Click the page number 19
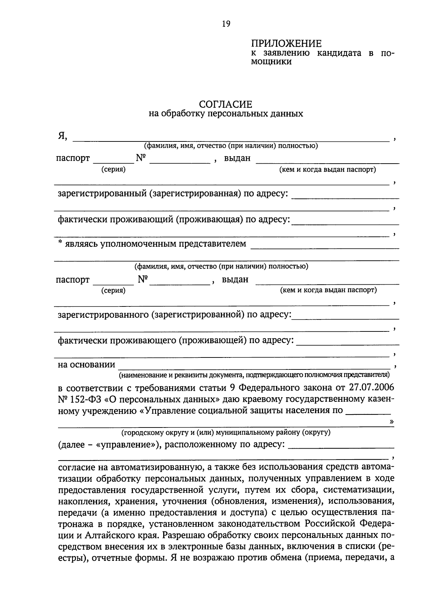(x=226, y=24)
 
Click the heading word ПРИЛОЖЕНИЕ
(x=286, y=44)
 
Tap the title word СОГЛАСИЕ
(x=225, y=104)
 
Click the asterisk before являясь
(x=60, y=243)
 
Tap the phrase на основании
(x=87, y=365)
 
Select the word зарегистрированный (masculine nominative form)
(x=102, y=194)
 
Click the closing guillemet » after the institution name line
(x=392, y=422)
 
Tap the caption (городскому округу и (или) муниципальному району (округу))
(x=226, y=432)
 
